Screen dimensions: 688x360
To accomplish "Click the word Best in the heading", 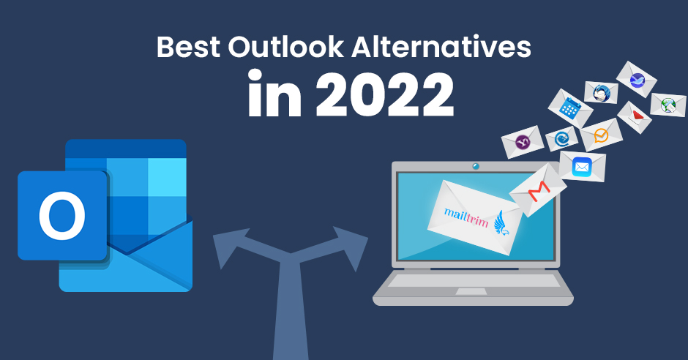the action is tap(189, 47).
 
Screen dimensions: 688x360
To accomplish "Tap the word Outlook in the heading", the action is tap(285, 47).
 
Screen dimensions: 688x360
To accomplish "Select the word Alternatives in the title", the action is tap(441, 47).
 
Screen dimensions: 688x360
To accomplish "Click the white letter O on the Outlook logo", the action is tap(62, 215).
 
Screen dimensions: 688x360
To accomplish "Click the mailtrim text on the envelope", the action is tap(466, 217).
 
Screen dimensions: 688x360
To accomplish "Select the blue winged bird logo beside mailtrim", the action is tap(502, 222).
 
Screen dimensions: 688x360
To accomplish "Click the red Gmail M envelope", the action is tap(538, 190).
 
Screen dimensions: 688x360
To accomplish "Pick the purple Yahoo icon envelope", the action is tap(523, 142).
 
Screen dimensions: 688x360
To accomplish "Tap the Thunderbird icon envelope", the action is tap(601, 93).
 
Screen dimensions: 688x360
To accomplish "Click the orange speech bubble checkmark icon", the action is tap(601, 135).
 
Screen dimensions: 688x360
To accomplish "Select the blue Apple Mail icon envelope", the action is tap(583, 167).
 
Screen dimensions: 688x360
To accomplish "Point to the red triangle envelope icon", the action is tap(635, 117).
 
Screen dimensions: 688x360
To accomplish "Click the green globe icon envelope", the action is tap(668, 105).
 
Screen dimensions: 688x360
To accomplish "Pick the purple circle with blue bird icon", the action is tap(636, 80).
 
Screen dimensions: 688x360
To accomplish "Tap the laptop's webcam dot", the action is tap(475, 167).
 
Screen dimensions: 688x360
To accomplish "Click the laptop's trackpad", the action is tap(471, 292).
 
